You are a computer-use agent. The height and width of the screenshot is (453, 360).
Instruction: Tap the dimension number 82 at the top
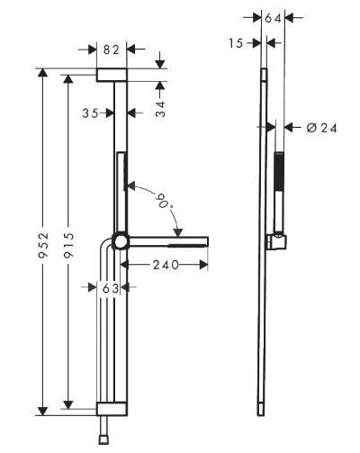coord(112,50)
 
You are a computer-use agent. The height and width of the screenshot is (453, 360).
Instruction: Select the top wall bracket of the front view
coord(112,74)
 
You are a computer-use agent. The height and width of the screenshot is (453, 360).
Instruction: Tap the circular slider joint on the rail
coord(119,241)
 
